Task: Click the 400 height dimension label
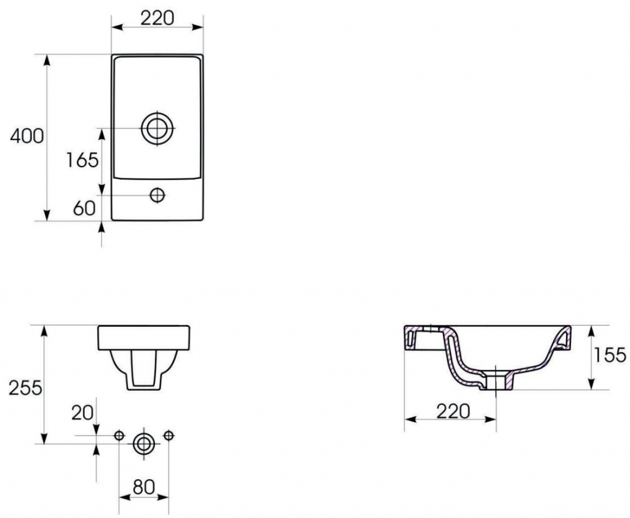pos(27,136)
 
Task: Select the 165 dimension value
pos(82,160)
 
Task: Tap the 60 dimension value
pos(84,208)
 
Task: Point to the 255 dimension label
pos(26,388)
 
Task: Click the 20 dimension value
pos(82,412)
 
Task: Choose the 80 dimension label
pos(144,487)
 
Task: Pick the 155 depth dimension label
pos(610,355)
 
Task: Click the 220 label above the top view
pos(157,18)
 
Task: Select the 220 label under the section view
pos(453,411)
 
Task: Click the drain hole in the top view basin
pos(157,128)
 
